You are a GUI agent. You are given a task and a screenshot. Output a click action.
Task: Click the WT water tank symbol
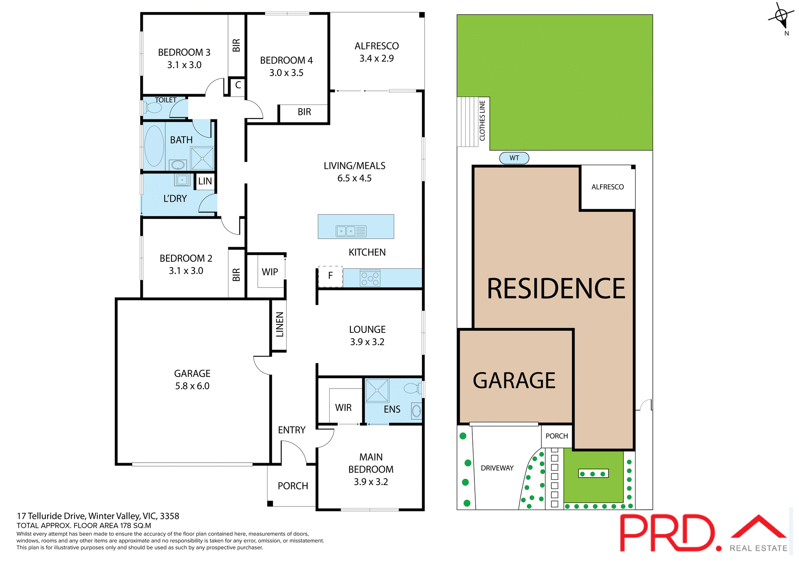point(514,158)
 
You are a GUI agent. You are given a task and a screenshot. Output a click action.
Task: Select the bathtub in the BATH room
point(154,146)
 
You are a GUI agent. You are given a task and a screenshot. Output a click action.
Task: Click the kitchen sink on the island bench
point(351,231)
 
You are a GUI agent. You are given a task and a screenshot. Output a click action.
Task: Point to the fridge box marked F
point(330,276)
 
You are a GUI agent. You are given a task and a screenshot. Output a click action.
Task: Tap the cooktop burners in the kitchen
point(370,278)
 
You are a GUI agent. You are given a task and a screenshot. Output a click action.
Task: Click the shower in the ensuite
point(377,390)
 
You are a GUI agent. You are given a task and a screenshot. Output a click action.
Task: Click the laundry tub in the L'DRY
point(182,180)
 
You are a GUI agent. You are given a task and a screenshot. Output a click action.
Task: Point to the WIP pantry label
point(270,272)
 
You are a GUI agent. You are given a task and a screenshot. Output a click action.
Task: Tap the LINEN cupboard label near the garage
point(280,324)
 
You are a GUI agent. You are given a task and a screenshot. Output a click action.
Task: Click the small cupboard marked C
point(238,85)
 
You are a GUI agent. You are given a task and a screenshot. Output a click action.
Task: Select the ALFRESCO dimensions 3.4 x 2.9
point(377,59)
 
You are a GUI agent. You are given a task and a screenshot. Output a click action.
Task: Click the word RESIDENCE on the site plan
point(556,289)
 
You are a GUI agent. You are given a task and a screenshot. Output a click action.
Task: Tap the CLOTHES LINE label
point(482,121)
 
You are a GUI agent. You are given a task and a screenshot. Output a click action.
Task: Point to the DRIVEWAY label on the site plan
point(497,468)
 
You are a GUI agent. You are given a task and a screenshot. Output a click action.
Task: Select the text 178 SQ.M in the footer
point(136,525)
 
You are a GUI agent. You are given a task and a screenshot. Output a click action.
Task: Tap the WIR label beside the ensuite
point(343,408)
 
